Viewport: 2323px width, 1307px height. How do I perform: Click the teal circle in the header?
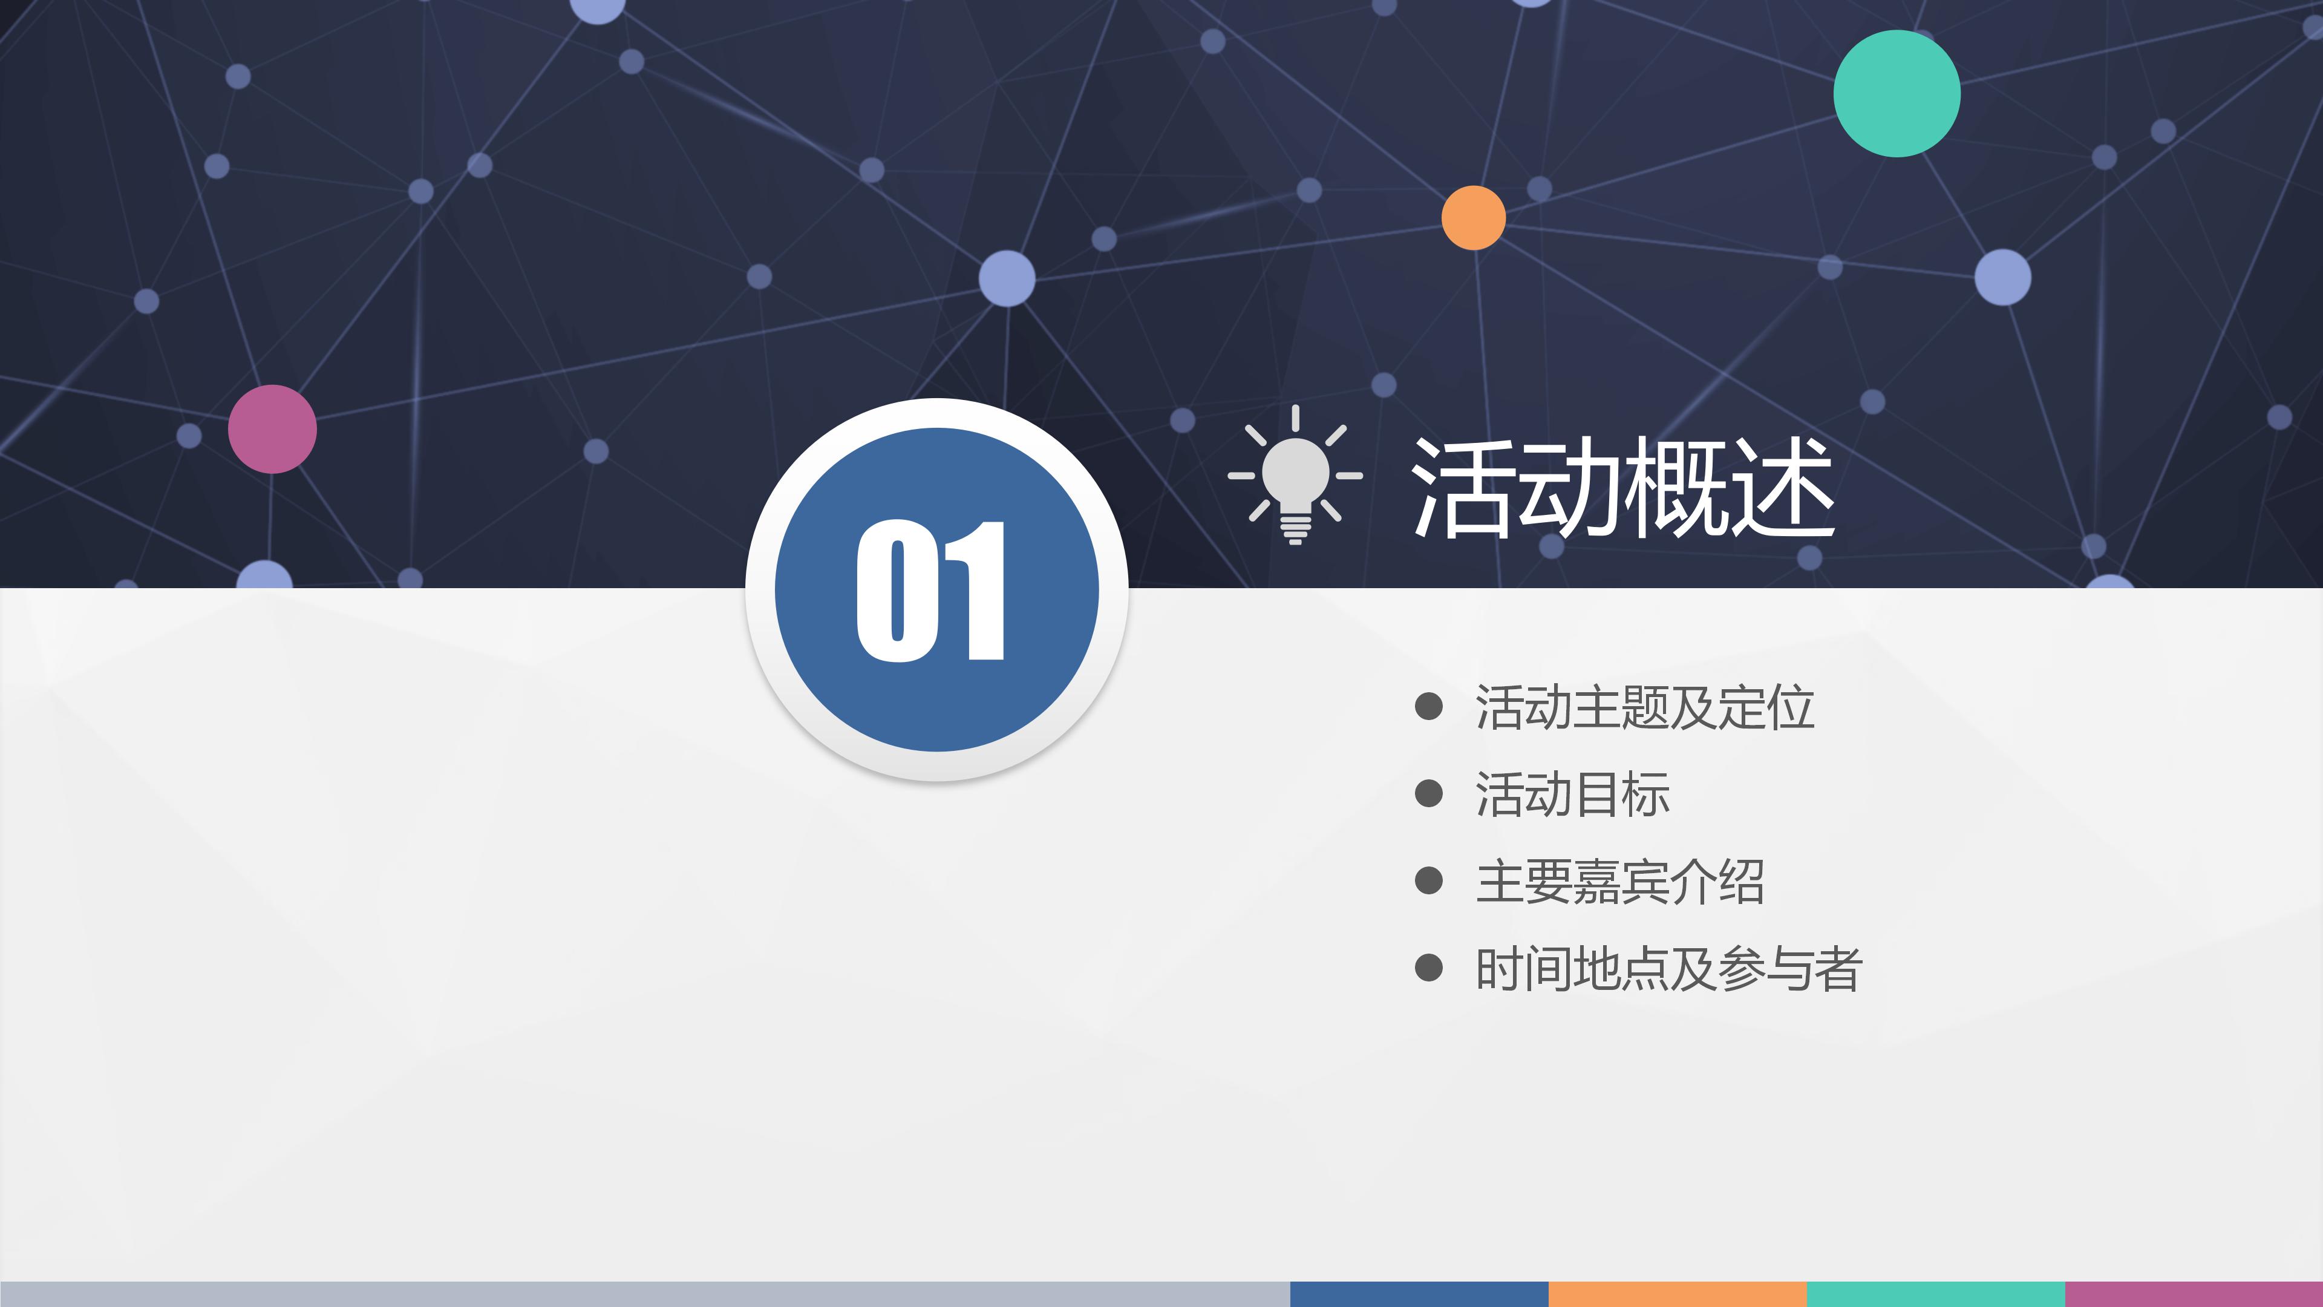1897,93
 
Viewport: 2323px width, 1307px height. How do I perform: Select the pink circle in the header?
272,430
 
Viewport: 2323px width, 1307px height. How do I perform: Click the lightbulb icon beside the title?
1295,476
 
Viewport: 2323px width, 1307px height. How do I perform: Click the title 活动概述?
1622,487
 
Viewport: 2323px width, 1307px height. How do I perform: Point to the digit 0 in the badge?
897,591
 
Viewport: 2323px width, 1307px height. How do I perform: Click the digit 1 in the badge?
976,591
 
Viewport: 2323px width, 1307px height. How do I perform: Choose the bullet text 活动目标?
1572,794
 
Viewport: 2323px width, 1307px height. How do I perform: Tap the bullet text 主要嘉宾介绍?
1619,881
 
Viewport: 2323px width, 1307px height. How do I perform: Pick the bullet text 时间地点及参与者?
1668,969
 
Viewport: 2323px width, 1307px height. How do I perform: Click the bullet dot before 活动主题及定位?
1428,706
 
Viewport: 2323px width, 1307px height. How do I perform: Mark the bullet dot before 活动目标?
1428,794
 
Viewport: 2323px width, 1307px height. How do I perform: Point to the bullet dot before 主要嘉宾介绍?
1428,880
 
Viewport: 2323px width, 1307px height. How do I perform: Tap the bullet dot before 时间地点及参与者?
1428,968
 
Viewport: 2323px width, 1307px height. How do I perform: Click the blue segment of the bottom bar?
1419,1294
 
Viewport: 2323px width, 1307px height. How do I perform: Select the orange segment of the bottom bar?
1678,1294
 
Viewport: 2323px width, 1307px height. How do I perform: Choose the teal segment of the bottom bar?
1935,1294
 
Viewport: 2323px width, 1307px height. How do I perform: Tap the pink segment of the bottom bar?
2193,1294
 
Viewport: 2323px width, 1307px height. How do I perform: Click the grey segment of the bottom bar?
645,1294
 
